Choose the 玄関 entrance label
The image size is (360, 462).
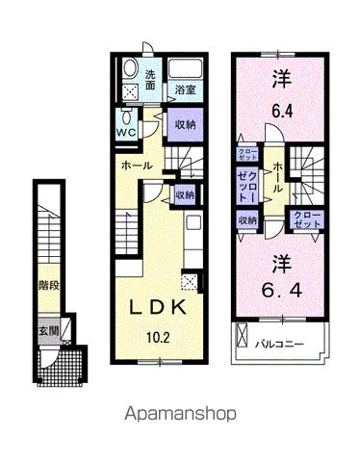pyautogui.click(x=47, y=330)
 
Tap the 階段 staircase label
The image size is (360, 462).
pyautogui.click(x=47, y=285)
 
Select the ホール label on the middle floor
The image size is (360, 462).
pyautogui.click(x=136, y=167)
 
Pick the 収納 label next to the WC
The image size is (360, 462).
pyautogui.click(x=185, y=125)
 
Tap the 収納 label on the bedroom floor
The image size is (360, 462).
pyautogui.click(x=248, y=220)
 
